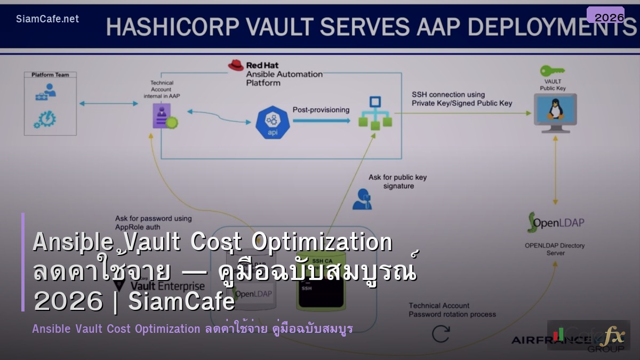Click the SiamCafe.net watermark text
[47, 19]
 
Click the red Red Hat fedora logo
[236, 65]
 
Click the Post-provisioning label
[321, 110]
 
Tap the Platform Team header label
[50, 75]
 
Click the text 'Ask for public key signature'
[397, 181]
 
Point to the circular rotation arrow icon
[441, 334]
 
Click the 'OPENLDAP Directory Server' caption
[555, 249]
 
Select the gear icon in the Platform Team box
[44, 119]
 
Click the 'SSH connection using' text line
[448, 94]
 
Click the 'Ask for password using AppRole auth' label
[153, 222]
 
